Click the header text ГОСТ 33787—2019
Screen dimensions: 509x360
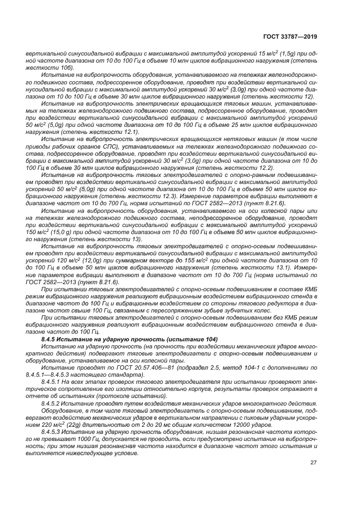[x=288, y=36]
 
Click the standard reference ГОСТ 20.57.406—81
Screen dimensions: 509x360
[x=126, y=367]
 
